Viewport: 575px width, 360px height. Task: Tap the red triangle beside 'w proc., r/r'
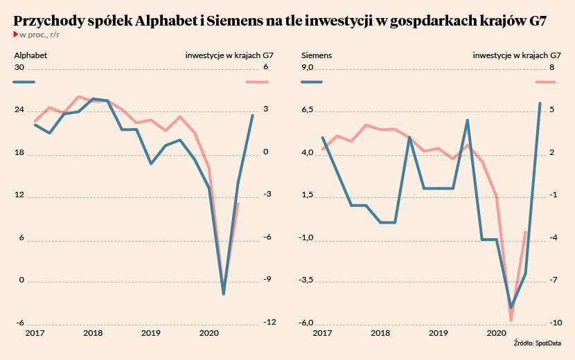(16, 34)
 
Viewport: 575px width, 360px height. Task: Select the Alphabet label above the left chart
(30, 54)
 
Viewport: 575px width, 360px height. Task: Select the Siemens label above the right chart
(317, 54)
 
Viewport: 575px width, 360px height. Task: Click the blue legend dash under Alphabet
(24, 82)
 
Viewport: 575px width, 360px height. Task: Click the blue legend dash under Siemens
(312, 82)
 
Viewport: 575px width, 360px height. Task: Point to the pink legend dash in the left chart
(258, 82)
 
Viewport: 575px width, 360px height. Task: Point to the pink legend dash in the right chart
(545, 82)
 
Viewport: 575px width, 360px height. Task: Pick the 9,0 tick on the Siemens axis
(308, 67)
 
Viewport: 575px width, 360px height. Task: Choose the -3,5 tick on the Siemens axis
(307, 280)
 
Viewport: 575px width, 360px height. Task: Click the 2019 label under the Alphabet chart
(151, 334)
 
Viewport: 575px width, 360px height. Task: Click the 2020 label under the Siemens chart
(495, 334)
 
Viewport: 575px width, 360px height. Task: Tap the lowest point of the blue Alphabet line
(224, 294)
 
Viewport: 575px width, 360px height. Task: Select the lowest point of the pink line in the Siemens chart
(511, 321)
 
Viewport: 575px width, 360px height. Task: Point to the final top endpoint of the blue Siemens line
(540, 104)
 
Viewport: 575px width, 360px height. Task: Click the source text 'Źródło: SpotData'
(537, 343)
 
